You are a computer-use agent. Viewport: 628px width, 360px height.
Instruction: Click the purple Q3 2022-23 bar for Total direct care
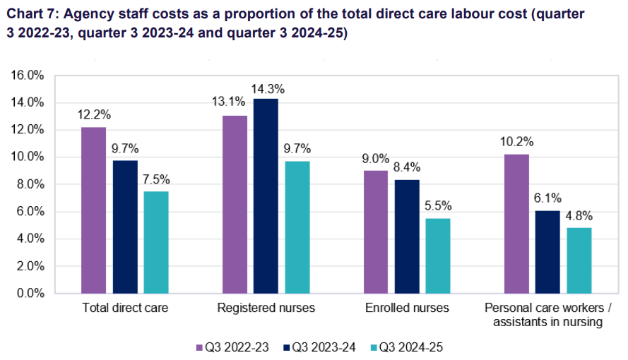tap(93, 210)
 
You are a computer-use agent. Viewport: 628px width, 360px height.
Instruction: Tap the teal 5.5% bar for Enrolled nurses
tap(438, 256)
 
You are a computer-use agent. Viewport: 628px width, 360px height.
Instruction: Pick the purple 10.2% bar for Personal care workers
tap(517, 223)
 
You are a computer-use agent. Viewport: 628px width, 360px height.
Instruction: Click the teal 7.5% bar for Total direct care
tap(155, 242)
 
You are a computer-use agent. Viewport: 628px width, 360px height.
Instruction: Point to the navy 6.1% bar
tap(548, 251)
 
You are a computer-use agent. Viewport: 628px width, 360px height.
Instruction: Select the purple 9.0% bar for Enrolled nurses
tap(376, 232)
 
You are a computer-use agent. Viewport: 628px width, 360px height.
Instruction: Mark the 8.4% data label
tap(407, 167)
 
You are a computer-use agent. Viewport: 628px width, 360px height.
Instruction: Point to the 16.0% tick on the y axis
tap(29, 76)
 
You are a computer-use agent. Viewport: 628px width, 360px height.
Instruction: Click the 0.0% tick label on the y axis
tap(31, 293)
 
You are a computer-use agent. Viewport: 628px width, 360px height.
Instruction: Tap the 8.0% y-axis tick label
tap(31, 184)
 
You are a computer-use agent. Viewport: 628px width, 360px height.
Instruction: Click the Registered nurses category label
tap(266, 308)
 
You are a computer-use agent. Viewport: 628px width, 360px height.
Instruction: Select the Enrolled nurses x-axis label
tap(407, 308)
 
